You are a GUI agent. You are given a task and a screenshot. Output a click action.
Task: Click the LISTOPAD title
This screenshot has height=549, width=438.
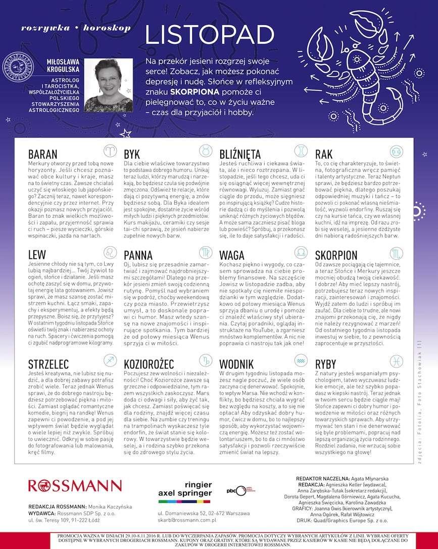click(x=209, y=34)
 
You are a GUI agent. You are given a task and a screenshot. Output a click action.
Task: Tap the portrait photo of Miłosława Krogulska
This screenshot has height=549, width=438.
click(x=108, y=85)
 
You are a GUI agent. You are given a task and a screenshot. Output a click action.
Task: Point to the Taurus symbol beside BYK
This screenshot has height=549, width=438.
click(x=205, y=151)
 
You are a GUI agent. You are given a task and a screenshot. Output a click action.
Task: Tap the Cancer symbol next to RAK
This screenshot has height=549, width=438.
click(x=396, y=151)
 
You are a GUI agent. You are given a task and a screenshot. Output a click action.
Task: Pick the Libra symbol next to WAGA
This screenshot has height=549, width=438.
click(x=301, y=252)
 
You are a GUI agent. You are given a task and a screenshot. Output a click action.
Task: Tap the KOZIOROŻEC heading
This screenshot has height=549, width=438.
click(x=149, y=363)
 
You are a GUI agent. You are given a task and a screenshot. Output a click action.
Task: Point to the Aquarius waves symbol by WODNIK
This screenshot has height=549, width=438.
click(x=301, y=360)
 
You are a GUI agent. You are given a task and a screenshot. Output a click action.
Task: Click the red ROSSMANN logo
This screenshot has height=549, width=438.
click(x=75, y=486)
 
